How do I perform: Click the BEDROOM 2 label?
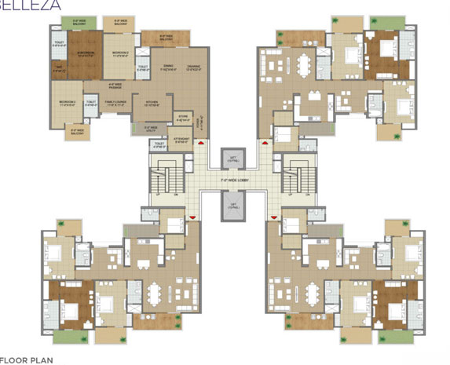120,55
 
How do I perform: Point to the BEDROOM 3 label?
68,103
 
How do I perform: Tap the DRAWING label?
192,68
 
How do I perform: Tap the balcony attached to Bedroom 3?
67,127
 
